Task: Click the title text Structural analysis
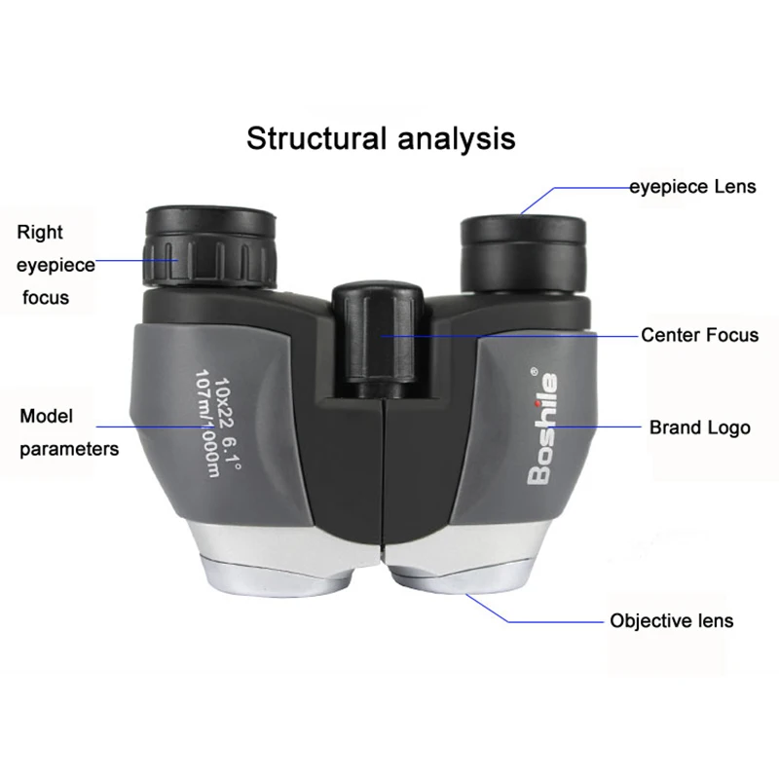click(380, 137)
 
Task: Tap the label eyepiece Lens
click(691, 186)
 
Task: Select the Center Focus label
click(699, 336)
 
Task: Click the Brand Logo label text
click(700, 427)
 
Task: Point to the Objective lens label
click(672, 620)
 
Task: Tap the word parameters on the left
click(70, 449)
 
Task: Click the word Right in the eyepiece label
click(40, 232)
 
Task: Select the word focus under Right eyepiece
click(46, 296)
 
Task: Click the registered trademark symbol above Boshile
click(533, 370)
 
